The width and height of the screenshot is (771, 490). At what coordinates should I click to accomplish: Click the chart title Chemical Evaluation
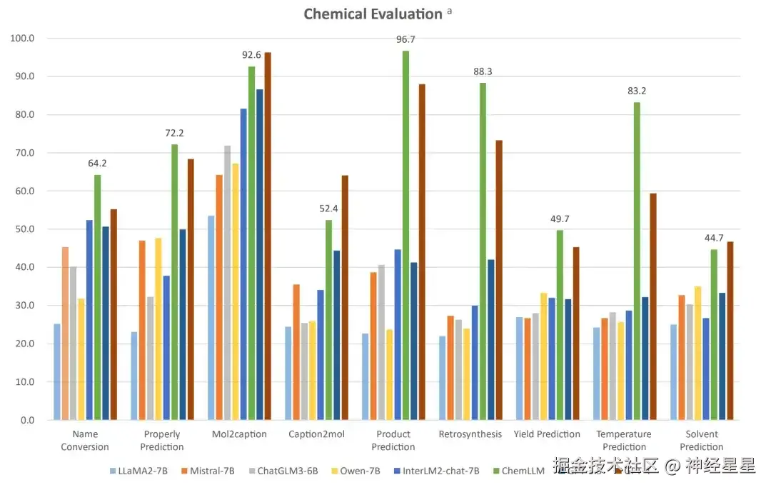pos(373,14)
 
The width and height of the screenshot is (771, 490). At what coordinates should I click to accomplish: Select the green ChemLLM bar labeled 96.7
pos(405,236)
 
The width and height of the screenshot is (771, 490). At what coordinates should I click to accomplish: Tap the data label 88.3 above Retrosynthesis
pos(483,71)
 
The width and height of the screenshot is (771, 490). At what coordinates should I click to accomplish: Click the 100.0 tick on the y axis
pos(23,38)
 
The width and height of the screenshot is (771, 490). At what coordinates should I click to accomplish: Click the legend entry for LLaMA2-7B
pos(139,471)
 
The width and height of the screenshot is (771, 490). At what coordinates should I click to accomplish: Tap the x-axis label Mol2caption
pos(239,434)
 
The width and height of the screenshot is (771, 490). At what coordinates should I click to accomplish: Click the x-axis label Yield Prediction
pos(547,434)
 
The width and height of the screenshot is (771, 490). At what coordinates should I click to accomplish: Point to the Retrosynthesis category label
pos(470,434)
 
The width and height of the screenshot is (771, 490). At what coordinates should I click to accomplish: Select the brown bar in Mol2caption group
pos(268,236)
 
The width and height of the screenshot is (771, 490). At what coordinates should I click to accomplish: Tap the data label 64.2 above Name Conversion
pos(98,163)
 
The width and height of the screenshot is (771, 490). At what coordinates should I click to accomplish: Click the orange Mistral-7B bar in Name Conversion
pos(65,333)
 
